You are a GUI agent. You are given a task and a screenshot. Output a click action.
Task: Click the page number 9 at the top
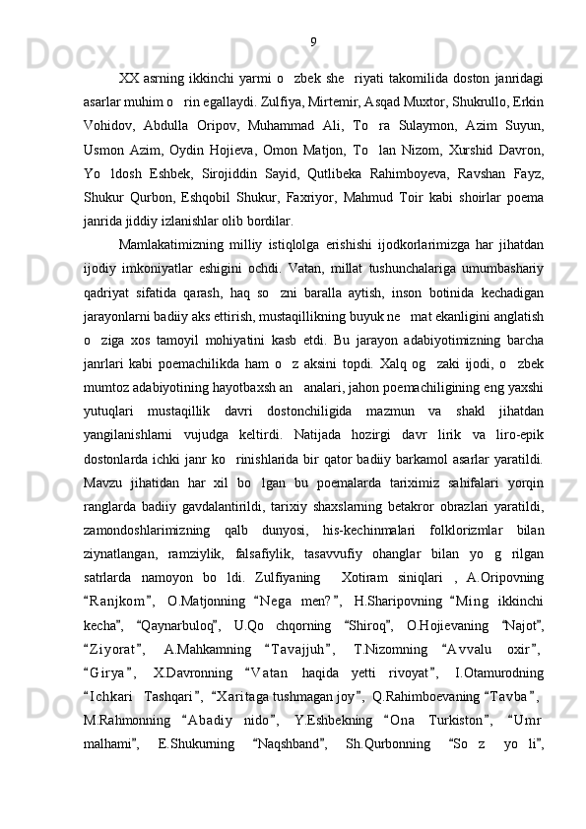(312, 42)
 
